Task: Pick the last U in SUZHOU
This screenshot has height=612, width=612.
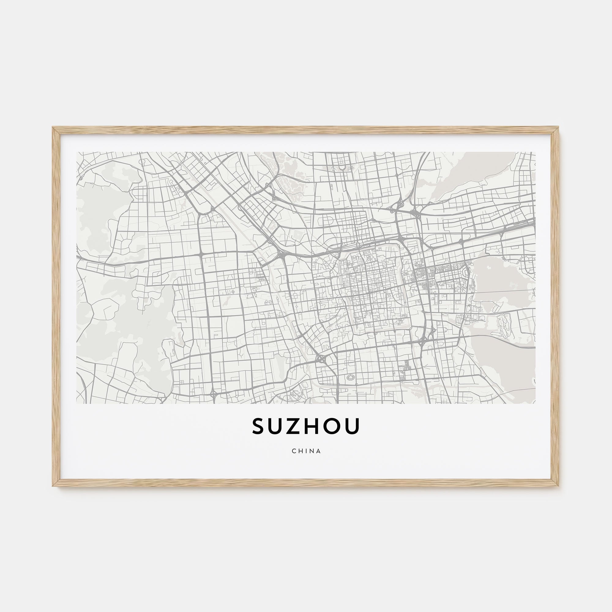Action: [x=352, y=426]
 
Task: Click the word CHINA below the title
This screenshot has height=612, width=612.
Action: [x=306, y=451]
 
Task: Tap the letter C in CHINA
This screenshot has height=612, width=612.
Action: [x=294, y=451]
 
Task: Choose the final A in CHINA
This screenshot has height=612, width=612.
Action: [x=319, y=451]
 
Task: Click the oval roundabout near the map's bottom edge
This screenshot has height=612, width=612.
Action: [x=350, y=377]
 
